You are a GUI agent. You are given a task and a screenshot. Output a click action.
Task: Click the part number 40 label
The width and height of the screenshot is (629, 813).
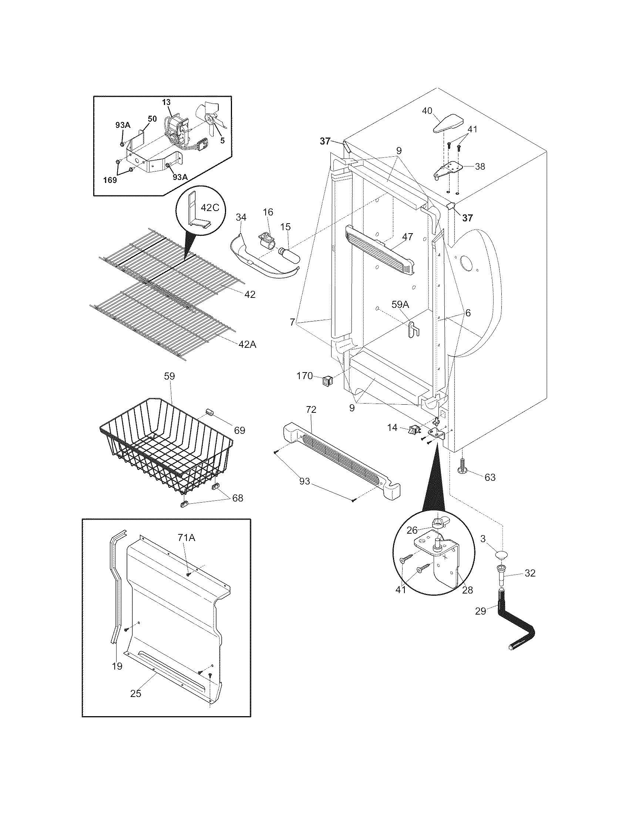(427, 110)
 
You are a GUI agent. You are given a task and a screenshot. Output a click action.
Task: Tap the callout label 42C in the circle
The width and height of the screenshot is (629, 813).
(210, 207)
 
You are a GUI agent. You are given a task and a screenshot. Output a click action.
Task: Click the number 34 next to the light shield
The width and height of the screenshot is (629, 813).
(241, 217)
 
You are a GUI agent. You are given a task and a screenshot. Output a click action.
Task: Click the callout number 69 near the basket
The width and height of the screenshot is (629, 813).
(239, 430)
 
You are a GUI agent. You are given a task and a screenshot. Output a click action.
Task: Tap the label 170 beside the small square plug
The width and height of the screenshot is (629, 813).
(305, 376)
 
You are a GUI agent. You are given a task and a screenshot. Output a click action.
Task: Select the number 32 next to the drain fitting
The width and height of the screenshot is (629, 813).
(529, 573)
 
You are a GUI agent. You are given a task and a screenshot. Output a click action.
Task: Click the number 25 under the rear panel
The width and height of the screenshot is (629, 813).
(136, 693)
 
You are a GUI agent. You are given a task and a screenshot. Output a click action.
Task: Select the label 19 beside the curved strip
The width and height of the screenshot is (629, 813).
(117, 666)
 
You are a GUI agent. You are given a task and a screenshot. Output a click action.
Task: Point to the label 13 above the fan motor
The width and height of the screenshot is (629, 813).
(166, 102)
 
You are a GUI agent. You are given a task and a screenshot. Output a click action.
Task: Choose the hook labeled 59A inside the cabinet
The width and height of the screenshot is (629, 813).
(412, 330)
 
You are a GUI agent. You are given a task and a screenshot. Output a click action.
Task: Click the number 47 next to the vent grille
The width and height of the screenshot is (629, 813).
(408, 237)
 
